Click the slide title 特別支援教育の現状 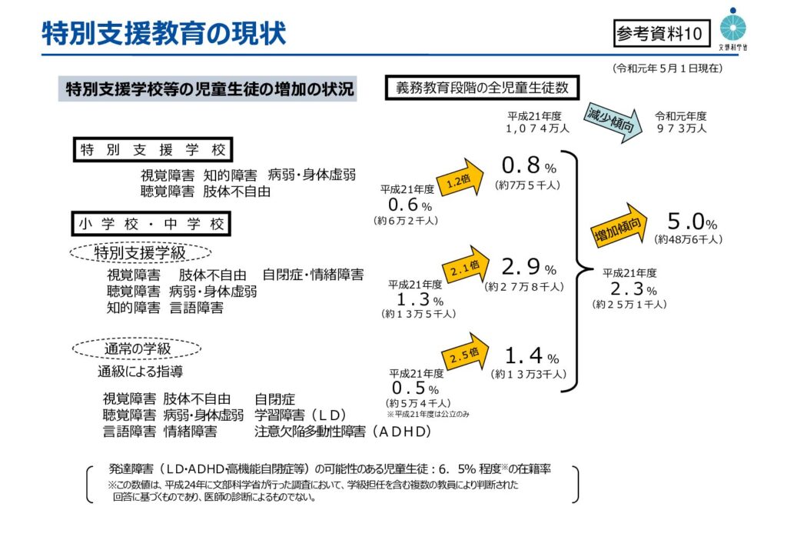click(x=164, y=33)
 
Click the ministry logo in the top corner click(x=732, y=29)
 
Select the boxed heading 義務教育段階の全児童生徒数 click(x=482, y=88)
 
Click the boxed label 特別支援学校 click(x=154, y=149)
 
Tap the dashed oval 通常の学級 click(x=137, y=349)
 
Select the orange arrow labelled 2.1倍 click(x=467, y=266)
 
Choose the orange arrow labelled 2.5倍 click(x=466, y=352)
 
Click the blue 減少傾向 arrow click(x=611, y=122)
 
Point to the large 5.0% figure click(x=691, y=223)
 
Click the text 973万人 click(x=681, y=128)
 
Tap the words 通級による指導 click(x=140, y=372)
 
